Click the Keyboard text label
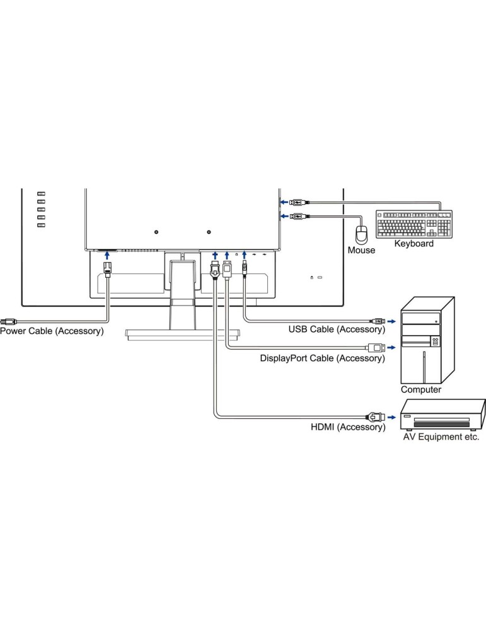[414, 243]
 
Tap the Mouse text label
[361, 250]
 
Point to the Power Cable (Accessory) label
[52, 331]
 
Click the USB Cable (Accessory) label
[336, 329]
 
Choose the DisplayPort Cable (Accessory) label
[322, 358]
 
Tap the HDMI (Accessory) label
[347, 427]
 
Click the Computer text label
[421, 389]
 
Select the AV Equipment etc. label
[441, 436]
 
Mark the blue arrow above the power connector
[107, 255]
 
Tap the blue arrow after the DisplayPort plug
[392, 346]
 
